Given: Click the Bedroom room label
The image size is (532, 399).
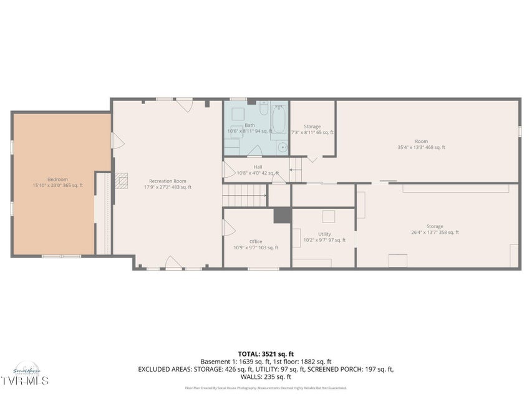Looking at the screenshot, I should [57, 182].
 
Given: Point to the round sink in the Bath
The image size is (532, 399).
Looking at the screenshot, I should [282, 148].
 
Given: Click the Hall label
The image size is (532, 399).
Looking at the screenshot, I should [258, 170].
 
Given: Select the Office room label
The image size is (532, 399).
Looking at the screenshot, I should [256, 244].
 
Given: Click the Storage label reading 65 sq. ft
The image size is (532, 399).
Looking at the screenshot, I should [312, 129].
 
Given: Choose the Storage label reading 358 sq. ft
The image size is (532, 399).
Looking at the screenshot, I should [435, 229].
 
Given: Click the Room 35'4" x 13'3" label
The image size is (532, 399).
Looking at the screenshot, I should [422, 144].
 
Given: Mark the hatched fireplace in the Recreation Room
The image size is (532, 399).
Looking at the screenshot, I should [123, 181].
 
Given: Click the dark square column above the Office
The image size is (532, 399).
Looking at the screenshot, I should [283, 215].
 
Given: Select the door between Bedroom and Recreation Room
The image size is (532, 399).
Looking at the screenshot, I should [114, 140].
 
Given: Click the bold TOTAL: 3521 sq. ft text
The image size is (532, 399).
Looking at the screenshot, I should [266, 353].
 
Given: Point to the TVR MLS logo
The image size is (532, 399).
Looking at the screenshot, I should [24, 379].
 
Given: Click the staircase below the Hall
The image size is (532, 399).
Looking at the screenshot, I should [245, 196].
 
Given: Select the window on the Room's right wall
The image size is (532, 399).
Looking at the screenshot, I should [519, 132].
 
